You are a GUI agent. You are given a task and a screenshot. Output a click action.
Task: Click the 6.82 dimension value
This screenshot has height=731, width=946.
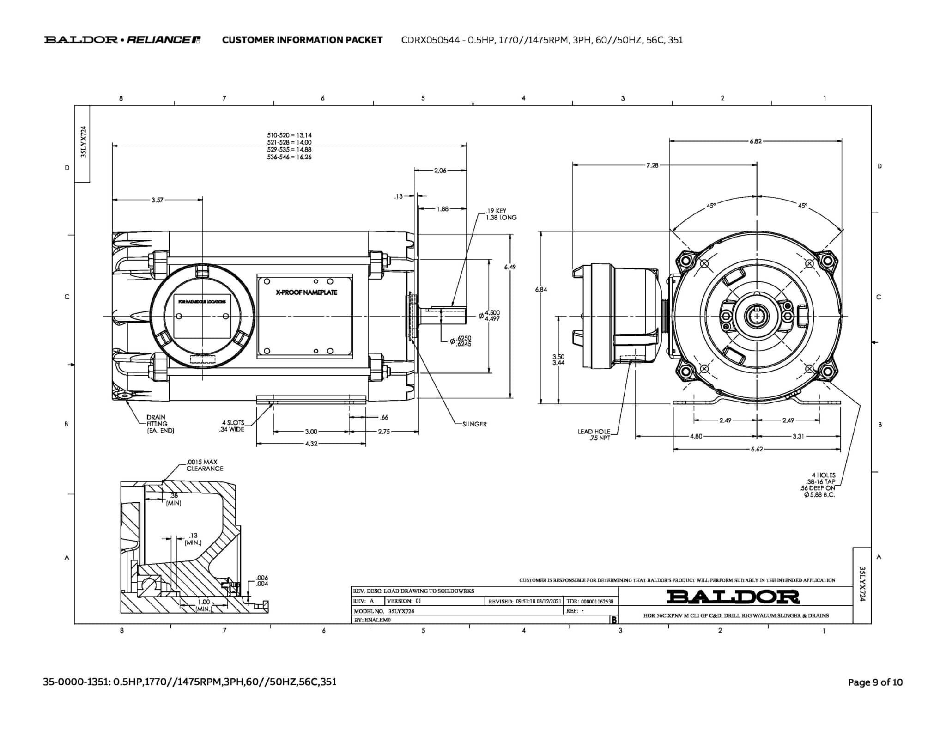coord(756,141)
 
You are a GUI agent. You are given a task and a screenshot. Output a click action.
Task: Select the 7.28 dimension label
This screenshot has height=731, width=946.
coord(652,165)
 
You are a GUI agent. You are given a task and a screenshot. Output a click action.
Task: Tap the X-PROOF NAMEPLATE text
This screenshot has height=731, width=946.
coord(306,292)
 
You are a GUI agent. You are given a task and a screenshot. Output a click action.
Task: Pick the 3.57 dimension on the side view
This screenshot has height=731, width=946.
coord(157,200)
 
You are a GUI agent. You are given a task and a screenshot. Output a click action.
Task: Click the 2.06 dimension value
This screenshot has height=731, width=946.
coord(440,171)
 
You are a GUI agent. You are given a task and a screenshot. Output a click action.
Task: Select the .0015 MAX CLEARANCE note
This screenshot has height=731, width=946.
coord(205,465)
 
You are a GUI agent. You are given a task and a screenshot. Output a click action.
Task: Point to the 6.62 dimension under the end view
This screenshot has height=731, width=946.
coord(757,449)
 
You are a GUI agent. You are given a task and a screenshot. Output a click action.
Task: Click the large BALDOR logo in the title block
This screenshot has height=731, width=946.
coord(733,597)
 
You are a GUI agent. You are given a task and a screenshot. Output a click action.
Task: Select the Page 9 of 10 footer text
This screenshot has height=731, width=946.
coord(875,682)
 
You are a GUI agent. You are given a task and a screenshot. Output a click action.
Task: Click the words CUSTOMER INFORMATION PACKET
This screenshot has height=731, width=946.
coord(302,40)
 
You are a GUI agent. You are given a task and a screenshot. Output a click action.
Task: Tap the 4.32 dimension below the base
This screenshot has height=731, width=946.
coord(311,444)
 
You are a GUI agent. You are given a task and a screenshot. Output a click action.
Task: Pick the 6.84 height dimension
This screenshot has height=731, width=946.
coord(541,290)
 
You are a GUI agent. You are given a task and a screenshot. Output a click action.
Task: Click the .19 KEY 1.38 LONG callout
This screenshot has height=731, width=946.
coord(501,214)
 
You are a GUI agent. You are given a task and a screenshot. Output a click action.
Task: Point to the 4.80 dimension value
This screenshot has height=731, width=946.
coord(696,436)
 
